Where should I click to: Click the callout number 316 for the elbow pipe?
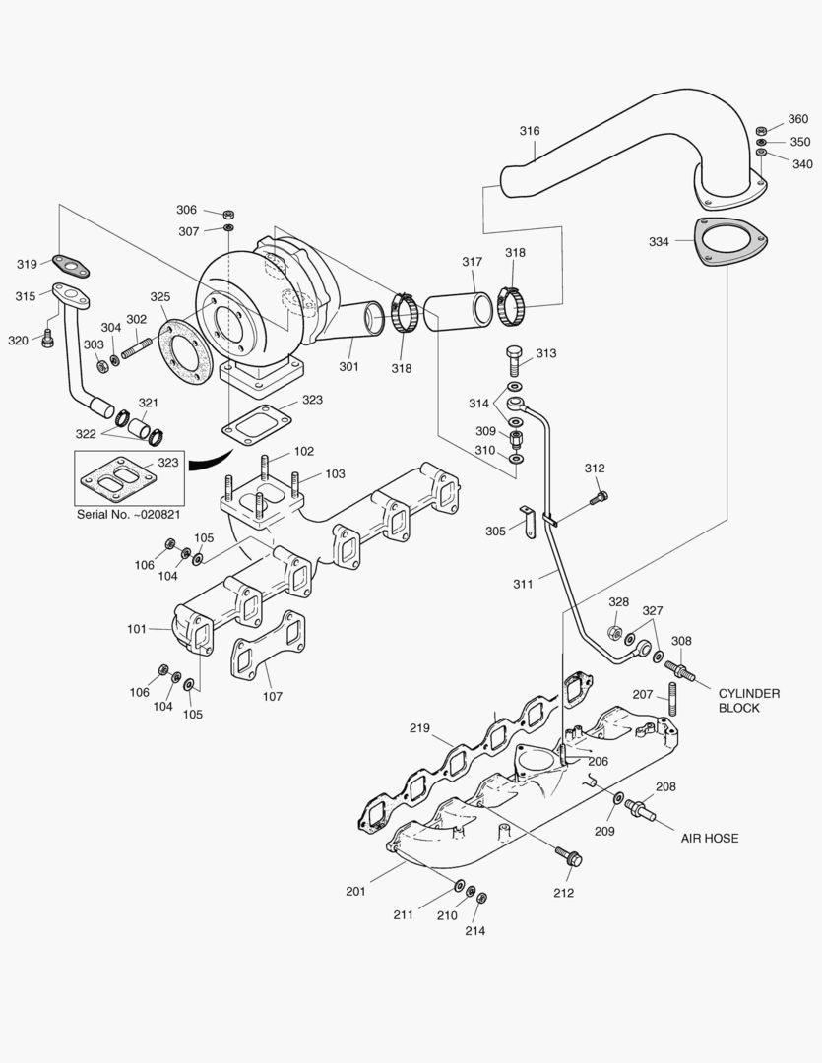(x=530, y=131)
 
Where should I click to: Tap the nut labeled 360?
(x=762, y=130)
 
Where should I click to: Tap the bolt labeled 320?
(x=47, y=339)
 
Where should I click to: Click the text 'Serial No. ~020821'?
(x=129, y=514)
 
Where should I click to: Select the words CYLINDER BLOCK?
(x=748, y=701)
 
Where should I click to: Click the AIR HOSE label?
(x=709, y=839)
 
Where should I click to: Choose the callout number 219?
(x=420, y=728)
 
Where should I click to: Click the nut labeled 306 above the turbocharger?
(x=227, y=212)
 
